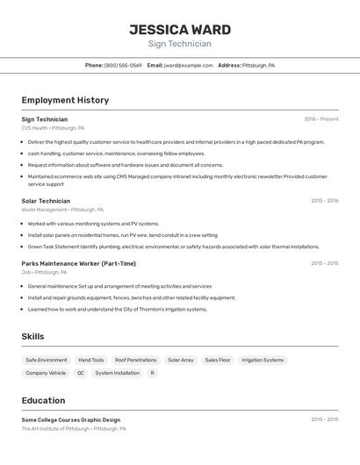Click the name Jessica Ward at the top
180,30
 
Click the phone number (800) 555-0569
123,65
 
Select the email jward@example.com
188,65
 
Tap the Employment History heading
65,100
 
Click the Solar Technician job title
46,201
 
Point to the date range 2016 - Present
320,119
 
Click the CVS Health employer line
53,128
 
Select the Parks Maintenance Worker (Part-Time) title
78,263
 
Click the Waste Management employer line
62,210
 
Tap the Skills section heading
32,336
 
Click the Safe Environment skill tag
47,360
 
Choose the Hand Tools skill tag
91,360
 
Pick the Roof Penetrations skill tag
136,360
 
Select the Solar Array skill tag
181,360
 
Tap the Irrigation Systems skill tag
263,360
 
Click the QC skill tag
81,373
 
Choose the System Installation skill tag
118,373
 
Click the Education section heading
43,400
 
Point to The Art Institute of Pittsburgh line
74,429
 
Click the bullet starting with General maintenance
119,286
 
